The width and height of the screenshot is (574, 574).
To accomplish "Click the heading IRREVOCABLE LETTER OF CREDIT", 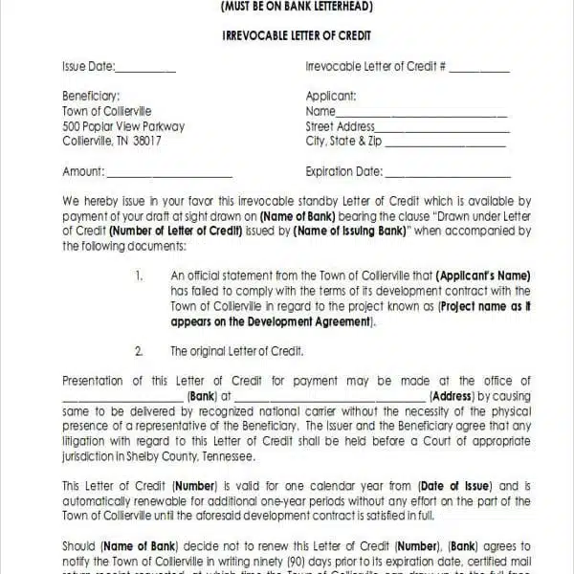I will [x=297, y=35].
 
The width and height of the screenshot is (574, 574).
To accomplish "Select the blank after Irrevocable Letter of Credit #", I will [x=479, y=71].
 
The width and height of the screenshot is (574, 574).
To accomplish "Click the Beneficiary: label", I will [x=91, y=96].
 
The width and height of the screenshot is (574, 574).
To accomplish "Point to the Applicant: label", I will [x=331, y=96].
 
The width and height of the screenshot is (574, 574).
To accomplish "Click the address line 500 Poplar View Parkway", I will [x=123, y=126].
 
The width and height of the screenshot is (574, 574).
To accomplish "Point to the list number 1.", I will [x=140, y=276].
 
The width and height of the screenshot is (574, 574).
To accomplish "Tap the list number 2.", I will [x=140, y=351].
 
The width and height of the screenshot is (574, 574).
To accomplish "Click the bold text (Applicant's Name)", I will [x=483, y=276].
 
